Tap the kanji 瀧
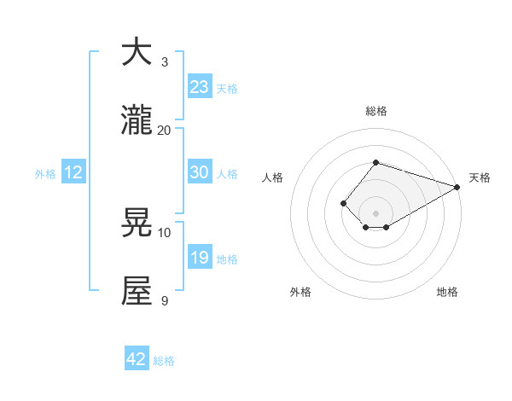(x=137, y=120)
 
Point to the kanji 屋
(x=137, y=291)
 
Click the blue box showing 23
(x=199, y=86)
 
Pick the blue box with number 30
(x=199, y=172)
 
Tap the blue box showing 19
(x=199, y=258)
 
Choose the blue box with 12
(x=73, y=172)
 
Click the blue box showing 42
(x=136, y=359)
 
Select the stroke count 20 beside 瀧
(x=165, y=130)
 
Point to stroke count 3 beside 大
(x=165, y=61)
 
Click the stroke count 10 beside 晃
(x=165, y=232)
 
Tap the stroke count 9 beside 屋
(x=165, y=300)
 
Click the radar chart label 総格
(x=375, y=112)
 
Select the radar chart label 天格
(x=480, y=177)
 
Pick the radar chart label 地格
(x=447, y=292)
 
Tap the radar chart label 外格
(x=300, y=292)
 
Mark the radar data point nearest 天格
(x=458, y=187)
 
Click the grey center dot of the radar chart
(x=375, y=212)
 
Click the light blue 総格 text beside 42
(x=164, y=361)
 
